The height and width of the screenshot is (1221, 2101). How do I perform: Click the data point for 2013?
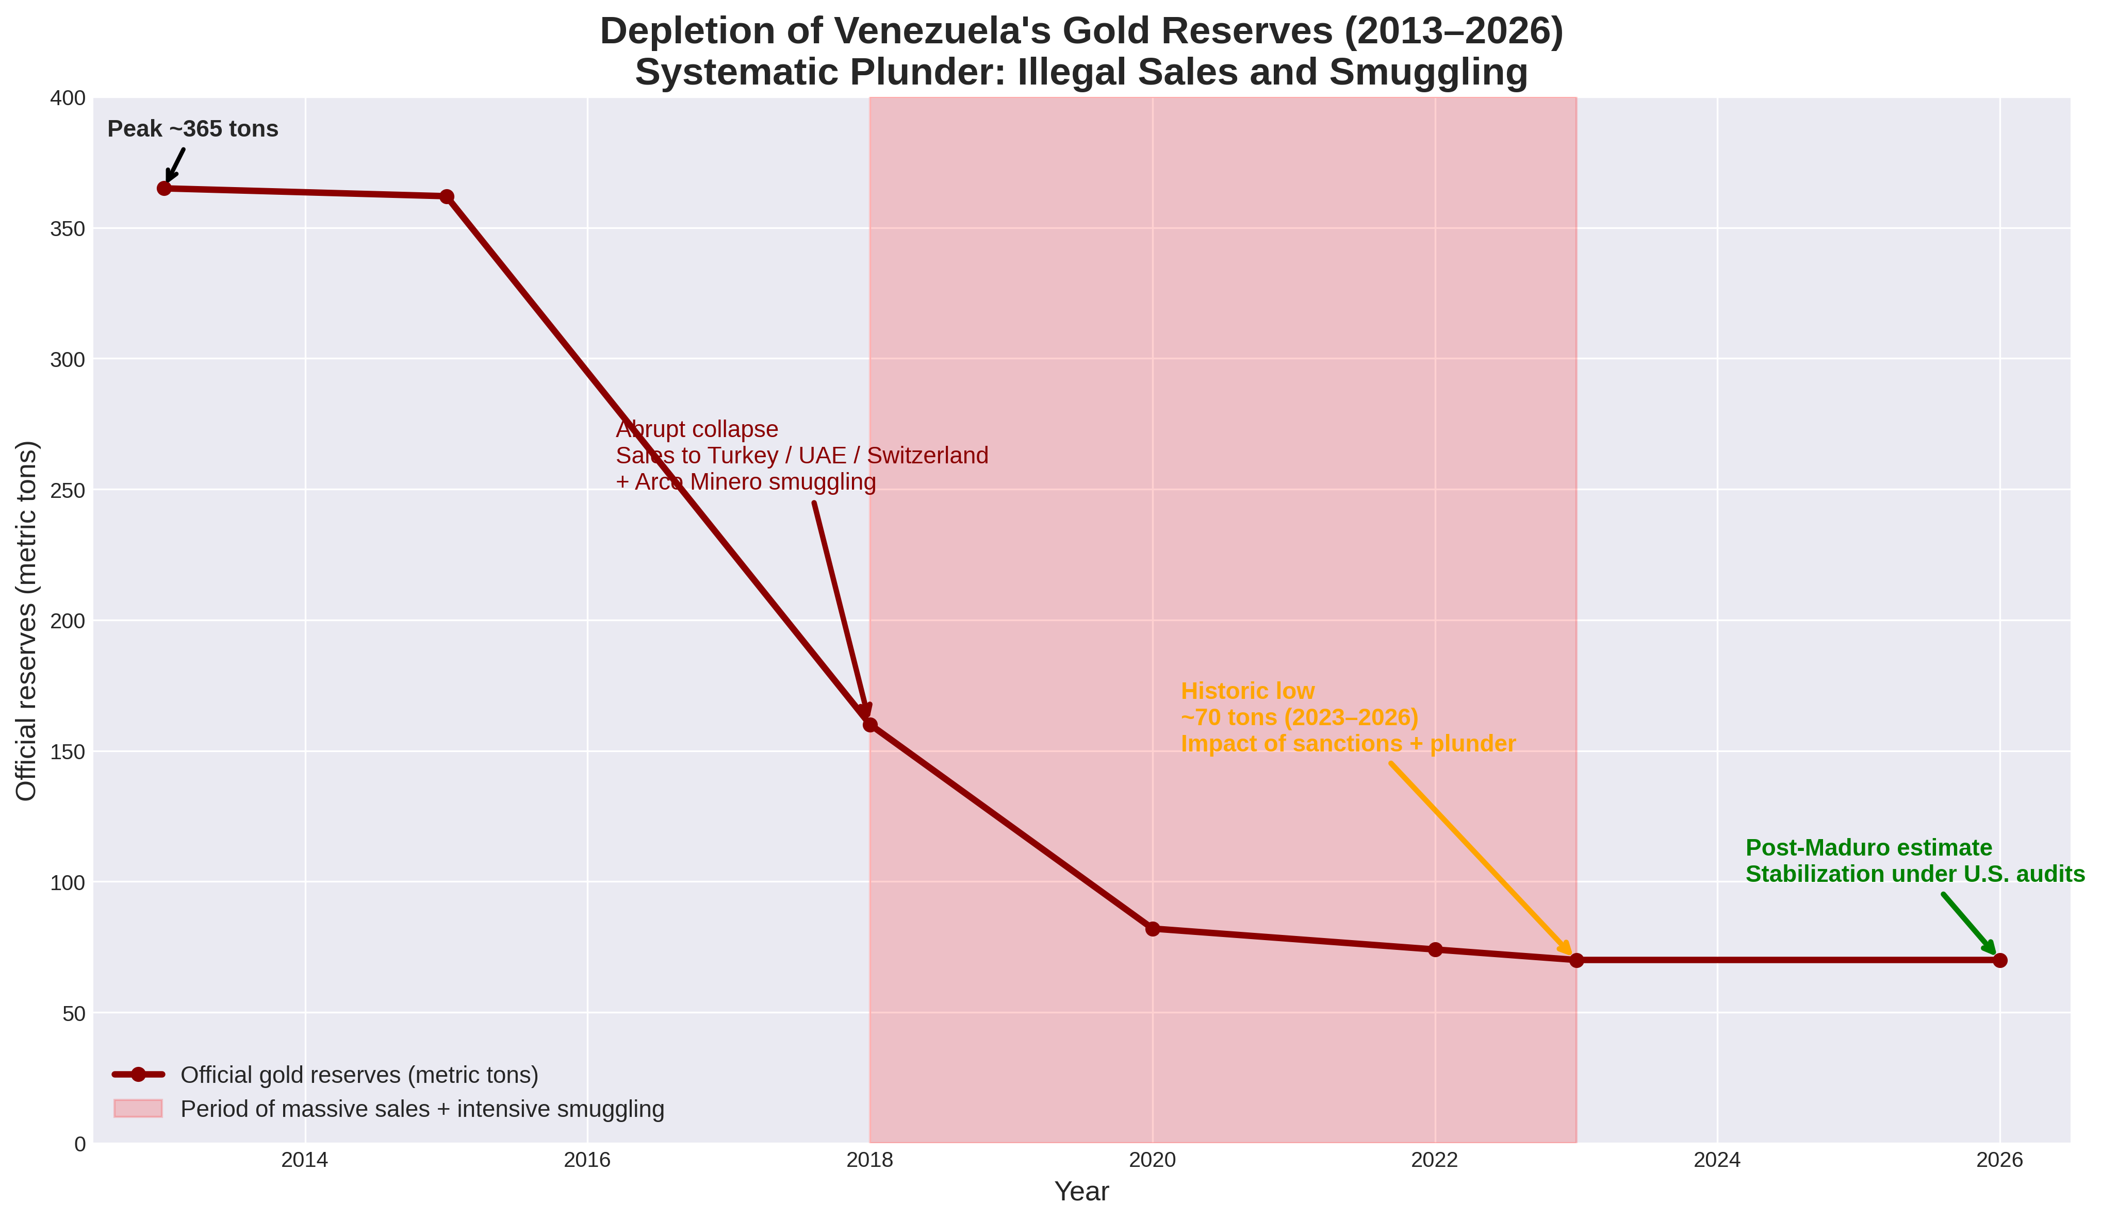pyautogui.click(x=164, y=188)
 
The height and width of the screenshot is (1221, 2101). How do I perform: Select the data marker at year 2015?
pyautogui.click(x=447, y=197)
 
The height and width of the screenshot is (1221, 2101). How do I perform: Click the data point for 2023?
pyautogui.click(x=1577, y=960)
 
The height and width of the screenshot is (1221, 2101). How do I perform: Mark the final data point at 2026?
pyautogui.click(x=2000, y=960)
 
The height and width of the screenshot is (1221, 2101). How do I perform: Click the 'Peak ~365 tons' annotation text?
pyautogui.click(x=192, y=129)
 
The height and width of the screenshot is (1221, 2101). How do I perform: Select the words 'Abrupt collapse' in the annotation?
pyautogui.click(x=697, y=429)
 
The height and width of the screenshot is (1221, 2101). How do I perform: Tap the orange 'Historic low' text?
pyautogui.click(x=1248, y=691)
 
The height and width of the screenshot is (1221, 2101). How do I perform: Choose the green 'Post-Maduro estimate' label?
pyautogui.click(x=1868, y=848)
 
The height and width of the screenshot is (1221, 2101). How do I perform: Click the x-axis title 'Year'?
pyautogui.click(x=1081, y=1192)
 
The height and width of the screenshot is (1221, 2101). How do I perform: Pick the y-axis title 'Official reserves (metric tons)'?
pyautogui.click(x=27, y=621)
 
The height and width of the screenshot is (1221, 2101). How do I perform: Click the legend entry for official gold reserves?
pyautogui.click(x=358, y=1075)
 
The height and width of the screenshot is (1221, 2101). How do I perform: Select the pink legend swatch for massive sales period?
pyautogui.click(x=138, y=1109)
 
